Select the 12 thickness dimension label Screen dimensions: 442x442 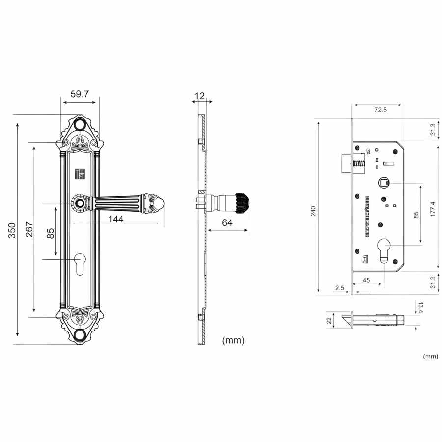(199, 95)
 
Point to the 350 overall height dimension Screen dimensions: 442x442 (13, 230)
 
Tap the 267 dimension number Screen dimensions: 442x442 (29, 230)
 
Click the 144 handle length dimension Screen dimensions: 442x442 (115, 219)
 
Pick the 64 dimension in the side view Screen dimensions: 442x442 (227, 223)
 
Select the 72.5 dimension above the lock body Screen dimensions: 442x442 (381, 110)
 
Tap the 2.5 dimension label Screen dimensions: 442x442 (339, 288)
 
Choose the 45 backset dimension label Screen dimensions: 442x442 (366, 280)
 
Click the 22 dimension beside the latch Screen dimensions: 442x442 (329, 320)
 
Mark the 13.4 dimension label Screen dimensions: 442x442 (420, 308)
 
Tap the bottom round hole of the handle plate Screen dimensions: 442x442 (80, 336)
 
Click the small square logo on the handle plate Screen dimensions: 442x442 (79, 174)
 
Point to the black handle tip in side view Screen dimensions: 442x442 (242, 203)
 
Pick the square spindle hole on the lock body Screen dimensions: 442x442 (384, 183)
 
